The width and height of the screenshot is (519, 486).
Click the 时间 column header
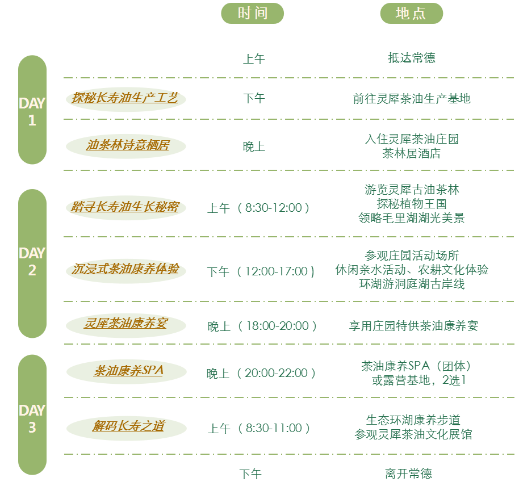pos(252,13)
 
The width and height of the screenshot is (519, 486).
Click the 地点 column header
pos(411,13)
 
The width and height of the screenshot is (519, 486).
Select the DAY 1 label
pos(32,111)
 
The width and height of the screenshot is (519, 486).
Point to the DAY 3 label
pos(32,418)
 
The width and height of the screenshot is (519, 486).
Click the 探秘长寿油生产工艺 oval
pos(125,98)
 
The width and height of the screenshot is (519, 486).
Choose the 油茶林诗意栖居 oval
pos(126,146)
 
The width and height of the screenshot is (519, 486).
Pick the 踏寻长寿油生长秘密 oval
pos(125,207)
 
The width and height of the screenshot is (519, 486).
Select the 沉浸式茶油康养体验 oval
pos(125,270)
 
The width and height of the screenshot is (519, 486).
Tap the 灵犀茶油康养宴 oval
pos(126,324)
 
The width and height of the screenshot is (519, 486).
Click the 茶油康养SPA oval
pos(126,372)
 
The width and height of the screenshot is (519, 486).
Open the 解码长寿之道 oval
pos(126,426)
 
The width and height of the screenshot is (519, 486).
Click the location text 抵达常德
pos(412,58)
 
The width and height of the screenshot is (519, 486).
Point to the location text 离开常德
pos(412,474)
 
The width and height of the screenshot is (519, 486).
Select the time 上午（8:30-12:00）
pos(259,208)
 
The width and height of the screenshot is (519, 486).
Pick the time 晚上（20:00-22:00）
pos(261,373)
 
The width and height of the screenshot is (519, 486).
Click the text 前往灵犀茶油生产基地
pos(412,98)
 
